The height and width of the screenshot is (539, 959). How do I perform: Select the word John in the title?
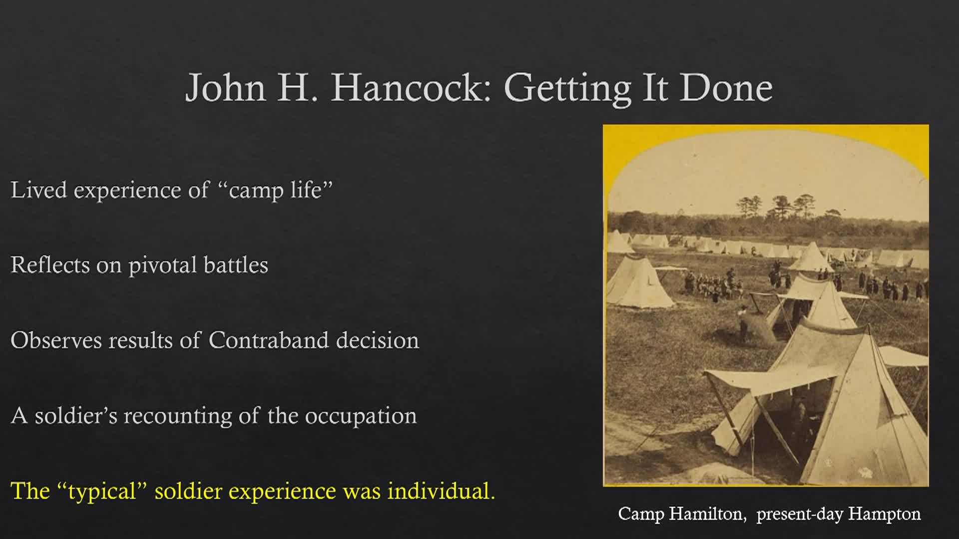tap(226, 87)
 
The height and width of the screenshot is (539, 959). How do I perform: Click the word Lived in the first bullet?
tap(38, 190)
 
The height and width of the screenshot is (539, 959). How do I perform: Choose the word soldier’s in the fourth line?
tap(76, 416)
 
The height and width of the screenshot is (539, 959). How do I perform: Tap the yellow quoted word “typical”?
tap(103, 492)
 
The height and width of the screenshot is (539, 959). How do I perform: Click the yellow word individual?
tap(442, 491)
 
